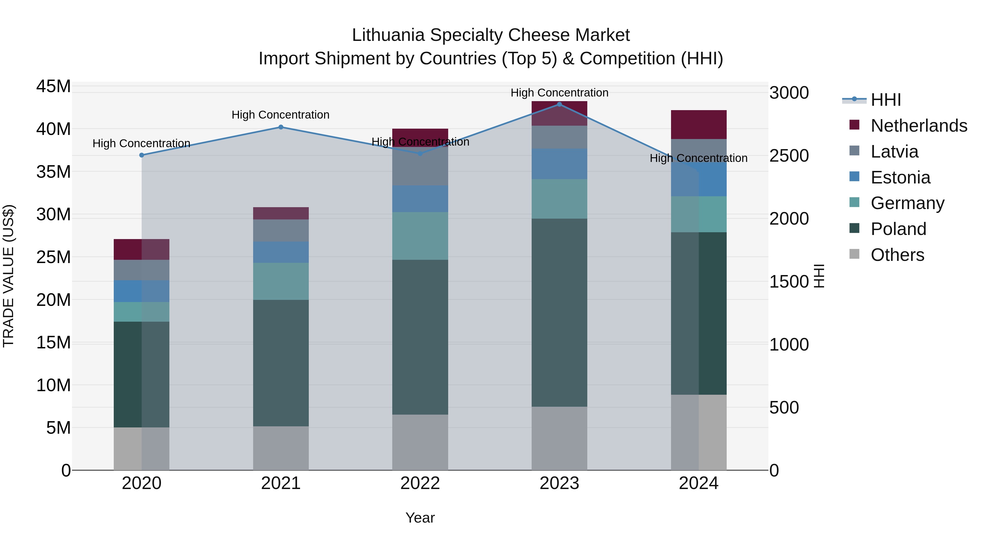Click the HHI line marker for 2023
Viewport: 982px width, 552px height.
pyautogui.click(x=559, y=104)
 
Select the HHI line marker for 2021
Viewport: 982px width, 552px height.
pyautogui.click(x=281, y=127)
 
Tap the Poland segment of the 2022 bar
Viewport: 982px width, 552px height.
pyautogui.click(x=420, y=337)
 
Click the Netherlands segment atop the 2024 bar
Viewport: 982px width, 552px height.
pyautogui.click(x=698, y=125)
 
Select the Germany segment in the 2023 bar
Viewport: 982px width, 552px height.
pyautogui.click(x=559, y=199)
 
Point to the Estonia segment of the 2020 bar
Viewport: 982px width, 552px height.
pyautogui.click(x=141, y=291)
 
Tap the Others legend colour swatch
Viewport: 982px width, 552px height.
pyautogui.click(x=854, y=254)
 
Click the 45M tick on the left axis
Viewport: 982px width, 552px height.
pyautogui.click(x=53, y=86)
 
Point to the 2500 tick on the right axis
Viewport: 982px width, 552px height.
pyautogui.click(x=789, y=156)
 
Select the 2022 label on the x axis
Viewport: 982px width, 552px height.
pyautogui.click(x=420, y=483)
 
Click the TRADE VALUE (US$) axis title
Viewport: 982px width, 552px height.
pyautogui.click(x=8, y=276)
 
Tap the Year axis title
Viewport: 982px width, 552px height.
pyautogui.click(x=420, y=518)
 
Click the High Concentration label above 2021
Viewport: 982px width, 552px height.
pyautogui.click(x=281, y=115)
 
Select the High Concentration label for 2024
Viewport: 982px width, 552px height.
pyautogui.click(x=698, y=158)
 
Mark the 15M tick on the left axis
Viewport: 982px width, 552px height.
pyautogui.click(x=53, y=342)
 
